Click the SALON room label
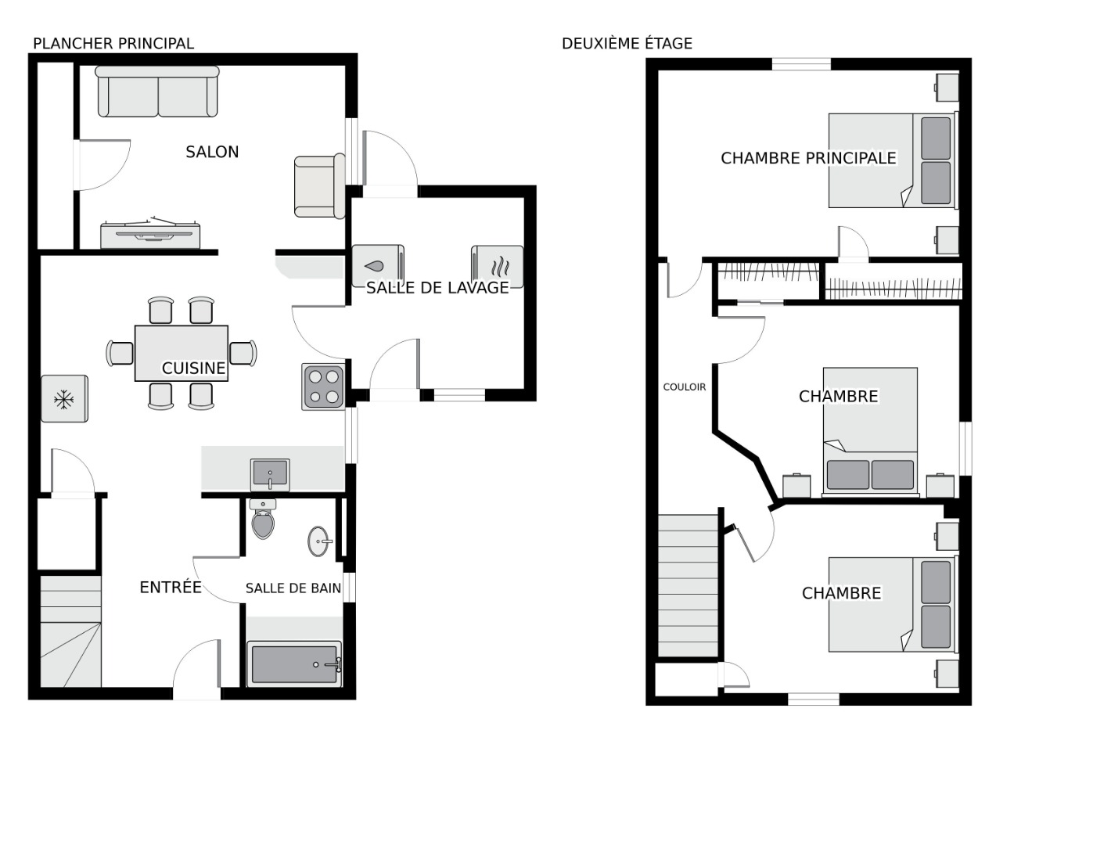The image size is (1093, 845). (x=212, y=152)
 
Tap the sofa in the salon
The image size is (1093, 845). (x=157, y=92)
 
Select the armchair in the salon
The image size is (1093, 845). (x=319, y=186)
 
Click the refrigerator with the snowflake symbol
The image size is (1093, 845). (x=64, y=398)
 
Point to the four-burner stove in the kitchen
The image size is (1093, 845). (x=323, y=387)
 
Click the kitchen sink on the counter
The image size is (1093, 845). (x=270, y=474)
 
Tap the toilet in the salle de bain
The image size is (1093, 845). (x=263, y=518)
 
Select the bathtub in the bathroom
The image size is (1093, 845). (x=294, y=664)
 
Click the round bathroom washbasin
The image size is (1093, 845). (x=319, y=541)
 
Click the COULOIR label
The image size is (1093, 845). (x=684, y=387)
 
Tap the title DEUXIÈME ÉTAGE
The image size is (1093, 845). (x=627, y=44)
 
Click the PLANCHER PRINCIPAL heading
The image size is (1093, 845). (x=113, y=44)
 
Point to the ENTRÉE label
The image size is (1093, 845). (x=171, y=587)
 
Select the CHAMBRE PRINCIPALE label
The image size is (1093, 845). (x=808, y=158)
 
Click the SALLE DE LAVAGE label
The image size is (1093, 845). (x=437, y=288)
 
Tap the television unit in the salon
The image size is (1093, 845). (x=150, y=233)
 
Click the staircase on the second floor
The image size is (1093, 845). (x=688, y=585)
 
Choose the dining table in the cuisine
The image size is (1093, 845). (x=181, y=353)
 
